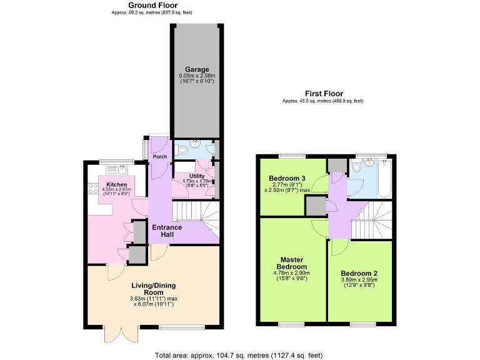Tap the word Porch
pos(160,157)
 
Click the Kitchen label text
pos(117,185)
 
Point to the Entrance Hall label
pos(167,231)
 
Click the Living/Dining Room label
pos(154,289)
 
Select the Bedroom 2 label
pos(359,273)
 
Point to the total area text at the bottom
pos(239,355)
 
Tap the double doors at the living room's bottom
pos(118,334)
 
